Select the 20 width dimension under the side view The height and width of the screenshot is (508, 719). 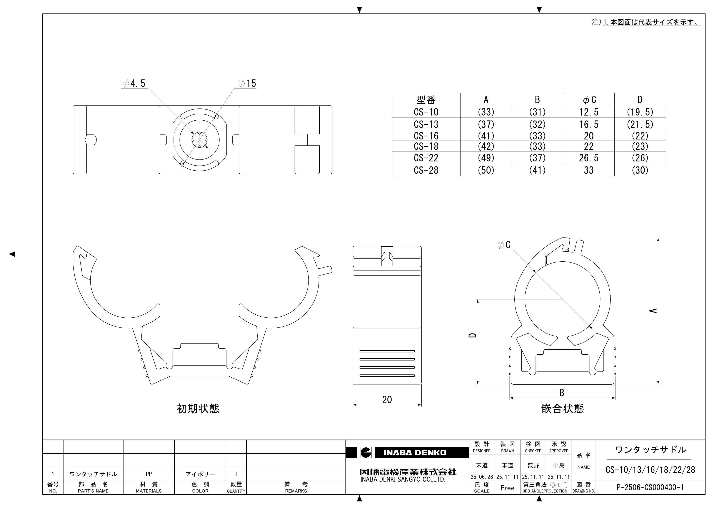pos(387,400)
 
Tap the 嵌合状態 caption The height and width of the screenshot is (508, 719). pos(562,409)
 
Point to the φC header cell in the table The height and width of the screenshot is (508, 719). pos(589,100)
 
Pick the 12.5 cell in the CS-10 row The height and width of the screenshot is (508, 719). pos(589,112)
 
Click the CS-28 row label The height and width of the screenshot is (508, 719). pos(426,170)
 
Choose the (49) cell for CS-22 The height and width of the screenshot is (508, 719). pos(486,158)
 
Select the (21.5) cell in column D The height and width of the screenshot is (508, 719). pos(640,124)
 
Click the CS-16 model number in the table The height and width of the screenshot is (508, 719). pos(426,136)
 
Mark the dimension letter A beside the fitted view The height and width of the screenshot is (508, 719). pos(653,310)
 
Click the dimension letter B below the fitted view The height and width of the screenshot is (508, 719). pos(562,392)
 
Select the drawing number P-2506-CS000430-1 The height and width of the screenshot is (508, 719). pos(650,487)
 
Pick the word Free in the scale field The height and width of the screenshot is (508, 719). pos(507,488)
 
